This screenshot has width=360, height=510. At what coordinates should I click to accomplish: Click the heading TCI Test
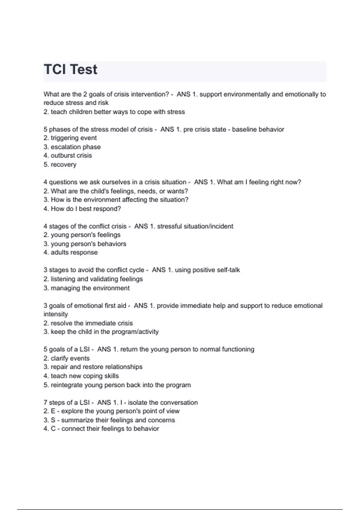point(70,70)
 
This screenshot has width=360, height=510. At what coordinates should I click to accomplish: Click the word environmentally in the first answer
point(247,94)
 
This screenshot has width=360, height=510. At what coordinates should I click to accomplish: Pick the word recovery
point(63,165)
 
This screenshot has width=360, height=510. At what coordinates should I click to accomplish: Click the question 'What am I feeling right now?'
point(259,182)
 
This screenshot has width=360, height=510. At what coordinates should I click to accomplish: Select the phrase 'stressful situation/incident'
point(195,226)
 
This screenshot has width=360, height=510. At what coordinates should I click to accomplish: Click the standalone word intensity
point(56,314)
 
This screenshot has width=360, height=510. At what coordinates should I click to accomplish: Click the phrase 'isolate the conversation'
point(163,403)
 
